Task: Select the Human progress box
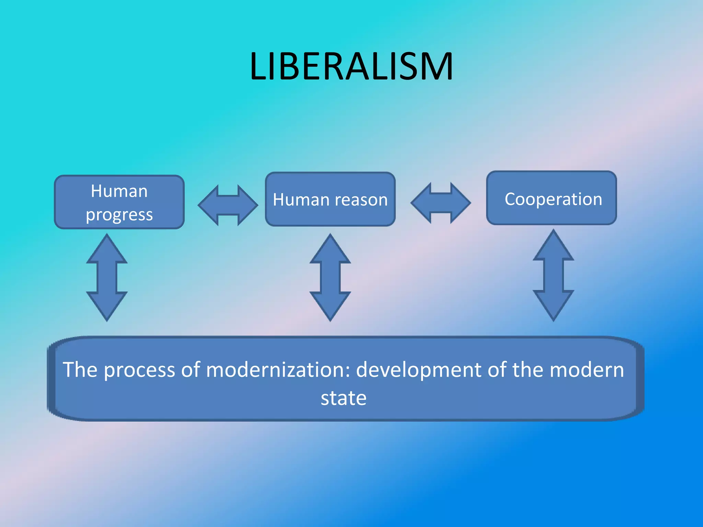[119, 202]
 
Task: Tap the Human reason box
[330, 199]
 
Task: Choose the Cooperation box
[552, 198]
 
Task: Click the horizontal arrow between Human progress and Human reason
[228, 205]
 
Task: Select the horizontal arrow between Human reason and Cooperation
[441, 203]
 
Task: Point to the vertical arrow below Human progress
[107, 278]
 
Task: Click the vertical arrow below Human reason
[330, 278]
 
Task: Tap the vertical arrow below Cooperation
[553, 276]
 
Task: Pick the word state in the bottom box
[344, 398]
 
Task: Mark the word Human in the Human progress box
[119, 191]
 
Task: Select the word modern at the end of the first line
[587, 370]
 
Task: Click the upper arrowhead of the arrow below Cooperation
[553, 245]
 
